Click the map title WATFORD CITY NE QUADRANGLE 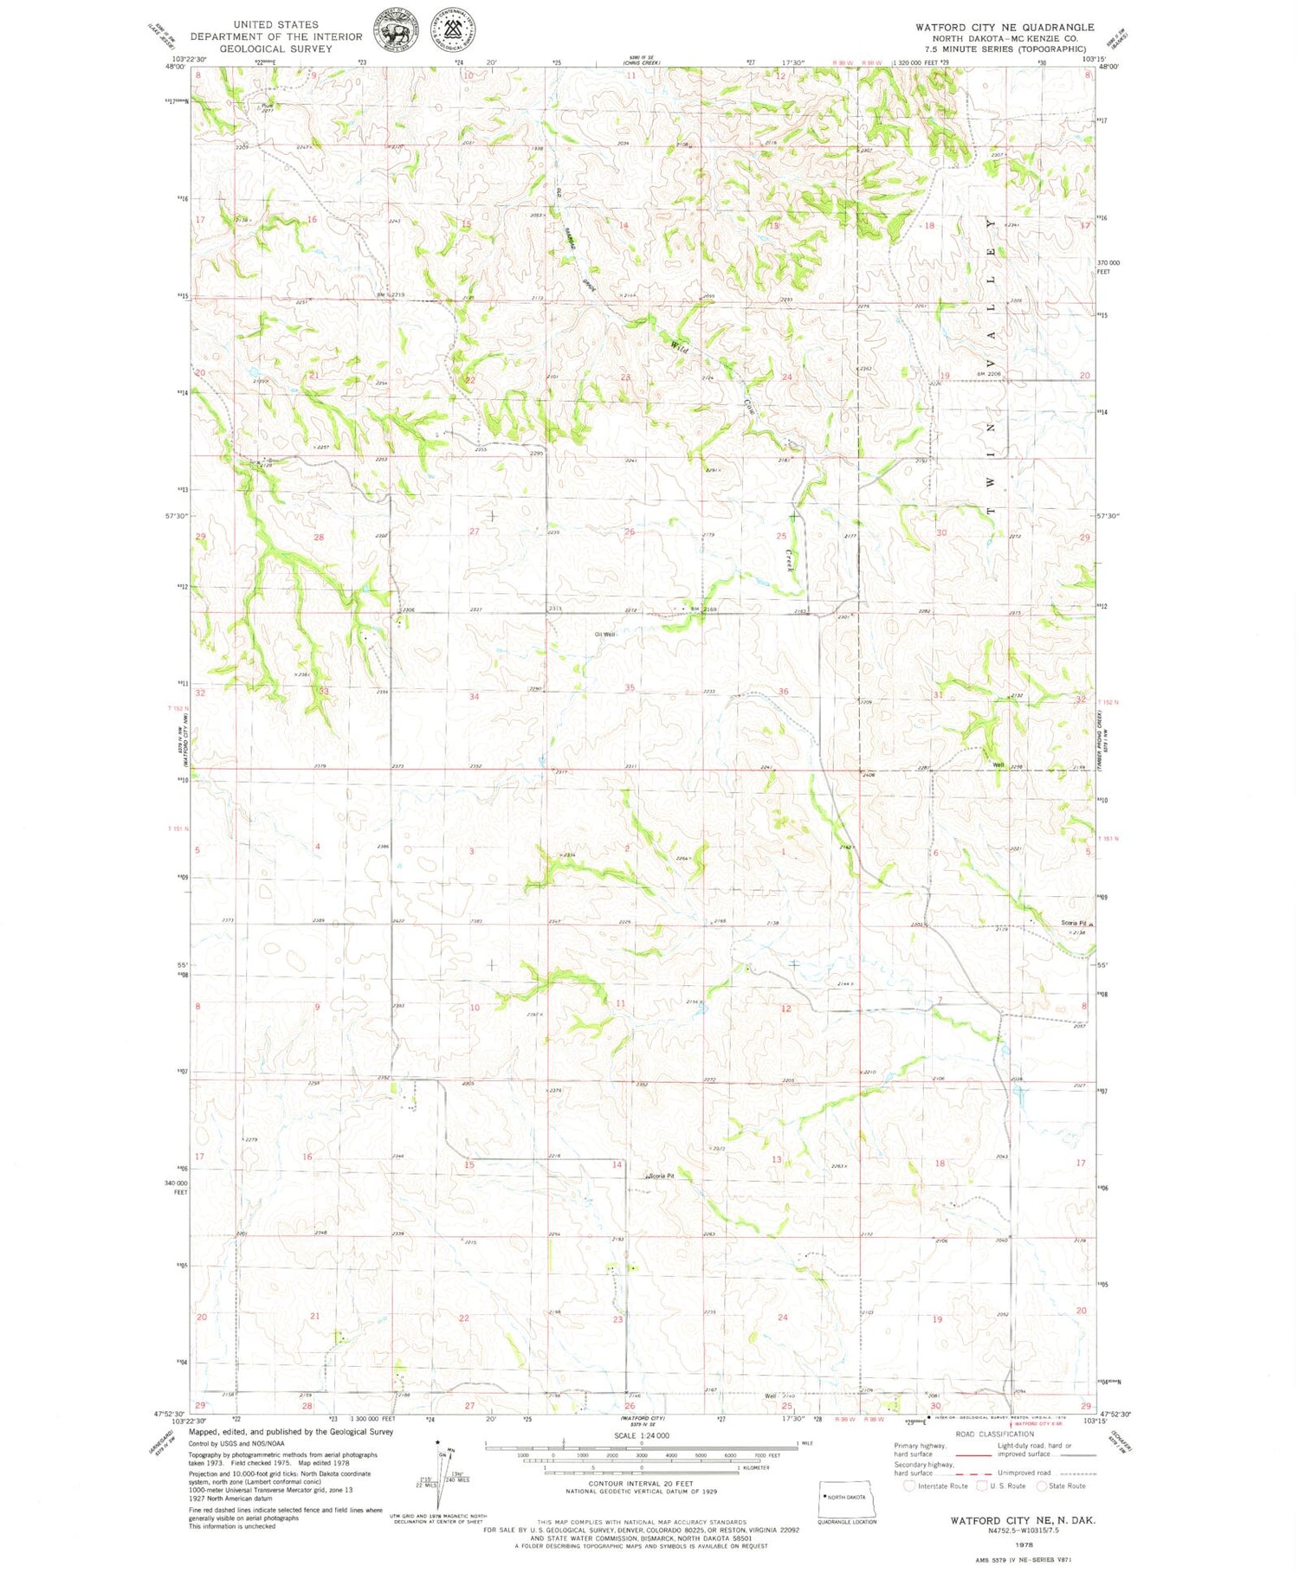(1005, 27)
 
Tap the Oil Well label (604, 635)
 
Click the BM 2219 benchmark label (391, 295)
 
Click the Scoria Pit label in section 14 (661, 1176)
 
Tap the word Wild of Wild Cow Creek (680, 347)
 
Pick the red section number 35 (630, 687)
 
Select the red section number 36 (783, 691)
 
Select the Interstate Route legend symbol (908, 1486)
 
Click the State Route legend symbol (1042, 1486)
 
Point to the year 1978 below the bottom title (1023, 1544)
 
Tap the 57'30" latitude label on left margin (176, 516)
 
